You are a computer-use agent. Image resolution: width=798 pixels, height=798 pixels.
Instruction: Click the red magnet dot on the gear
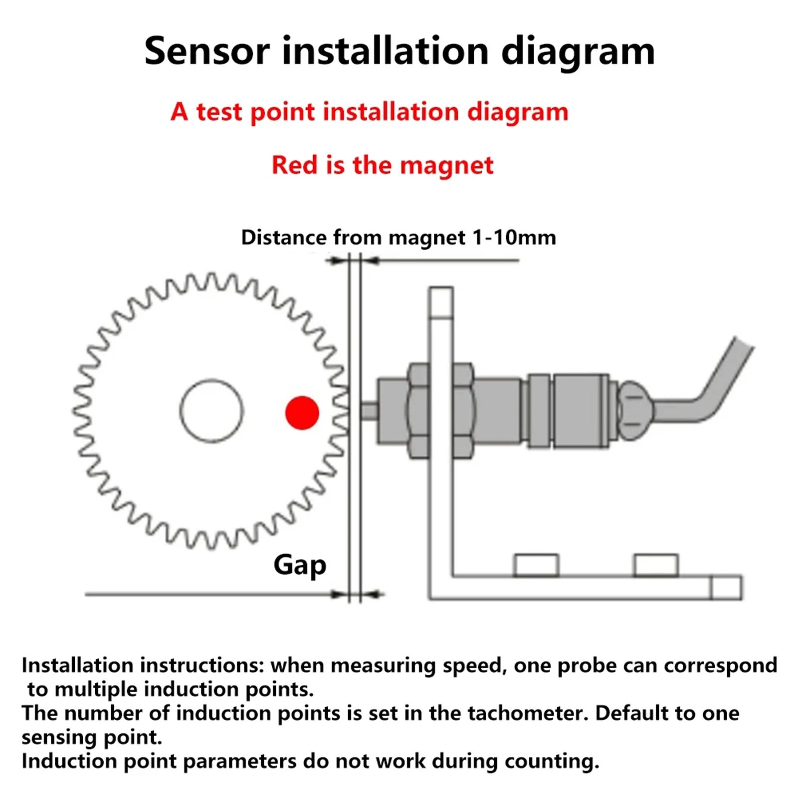coord(302,412)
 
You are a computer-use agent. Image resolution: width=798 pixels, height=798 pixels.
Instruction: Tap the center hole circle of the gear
coord(211,411)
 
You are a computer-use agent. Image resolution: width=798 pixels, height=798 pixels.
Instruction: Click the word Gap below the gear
coord(300,565)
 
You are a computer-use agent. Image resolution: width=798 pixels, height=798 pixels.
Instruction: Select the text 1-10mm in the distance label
coord(514,237)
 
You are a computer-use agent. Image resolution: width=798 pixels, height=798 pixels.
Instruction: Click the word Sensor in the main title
coord(207,51)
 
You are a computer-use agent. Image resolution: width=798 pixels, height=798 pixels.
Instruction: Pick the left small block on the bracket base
coord(536,566)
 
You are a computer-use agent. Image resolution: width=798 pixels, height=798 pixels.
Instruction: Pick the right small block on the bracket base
coord(656,566)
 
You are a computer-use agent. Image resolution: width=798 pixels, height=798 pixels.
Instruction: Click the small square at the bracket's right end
coord(726,588)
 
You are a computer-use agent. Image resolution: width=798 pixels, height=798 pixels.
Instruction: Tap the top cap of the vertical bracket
coord(441,302)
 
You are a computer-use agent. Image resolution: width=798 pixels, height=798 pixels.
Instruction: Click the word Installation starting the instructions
coord(77,666)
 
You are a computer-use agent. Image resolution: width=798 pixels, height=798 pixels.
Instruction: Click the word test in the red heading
coord(219,112)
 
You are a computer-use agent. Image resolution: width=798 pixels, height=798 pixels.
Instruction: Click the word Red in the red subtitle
coord(294,165)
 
